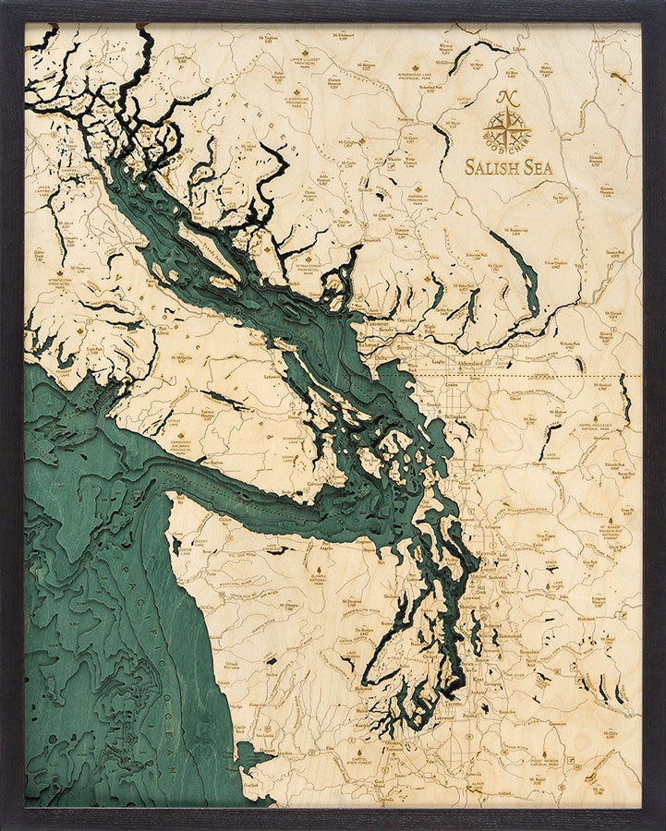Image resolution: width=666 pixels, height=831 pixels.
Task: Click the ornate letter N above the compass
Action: point(507,97)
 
